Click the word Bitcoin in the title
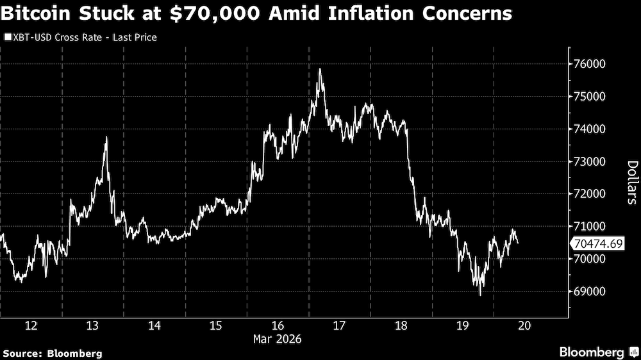40,13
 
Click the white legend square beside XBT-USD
7,38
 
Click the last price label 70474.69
599,243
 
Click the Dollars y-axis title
631,182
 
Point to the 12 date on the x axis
31,325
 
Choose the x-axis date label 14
154,325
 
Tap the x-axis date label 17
339,325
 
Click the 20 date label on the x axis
524,325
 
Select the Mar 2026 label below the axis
278,338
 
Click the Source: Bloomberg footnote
53,353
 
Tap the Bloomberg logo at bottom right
599,352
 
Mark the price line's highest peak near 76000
319,69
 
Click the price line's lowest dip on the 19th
480,295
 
